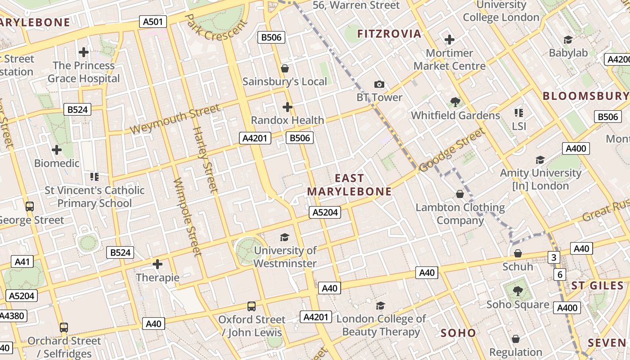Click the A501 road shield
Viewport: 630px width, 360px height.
[x=153, y=22]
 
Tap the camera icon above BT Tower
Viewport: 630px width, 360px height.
[x=379, y=84]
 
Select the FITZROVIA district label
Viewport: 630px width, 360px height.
[x=389, y=33]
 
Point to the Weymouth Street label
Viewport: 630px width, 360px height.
[x=175, y=119]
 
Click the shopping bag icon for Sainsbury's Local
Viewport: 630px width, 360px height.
[x=285, y=68]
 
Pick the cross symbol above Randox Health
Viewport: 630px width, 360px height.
[x=287, y=107]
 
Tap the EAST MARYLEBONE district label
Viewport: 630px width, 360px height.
[x=349, y=185]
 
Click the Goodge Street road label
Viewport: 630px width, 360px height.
[x=452, y=150]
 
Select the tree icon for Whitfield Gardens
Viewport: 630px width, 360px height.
[x=455, y=102]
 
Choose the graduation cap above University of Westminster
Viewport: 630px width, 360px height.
[x=284, y=237]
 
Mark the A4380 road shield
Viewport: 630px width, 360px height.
[x=11, y=315]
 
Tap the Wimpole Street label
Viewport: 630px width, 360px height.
[x=187, y=217]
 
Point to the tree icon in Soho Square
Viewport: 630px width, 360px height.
[x=517, y=291]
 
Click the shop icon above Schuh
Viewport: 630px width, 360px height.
[x=518, y=253]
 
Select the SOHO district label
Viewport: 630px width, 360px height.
[x=458, y=333]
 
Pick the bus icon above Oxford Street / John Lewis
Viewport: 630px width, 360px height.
[x=252, y=306]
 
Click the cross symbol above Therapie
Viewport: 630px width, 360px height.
[x=157, y=264]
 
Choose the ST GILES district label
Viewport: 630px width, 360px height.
[x=597, y=286]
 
